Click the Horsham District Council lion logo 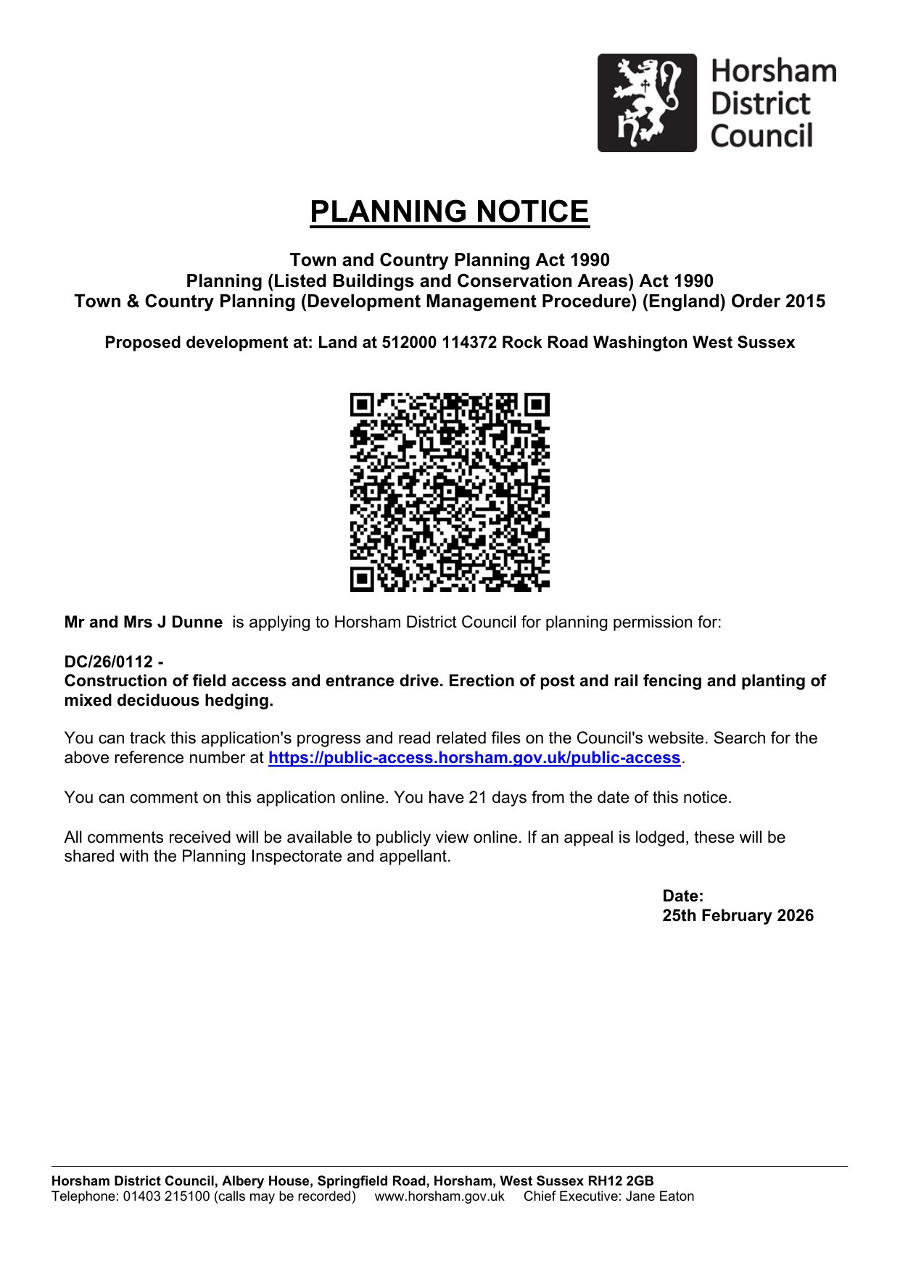(646, 103)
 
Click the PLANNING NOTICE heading (450, 212)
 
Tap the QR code (450, 492)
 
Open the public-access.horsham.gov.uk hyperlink (474, 758)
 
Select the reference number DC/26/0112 (109, 662)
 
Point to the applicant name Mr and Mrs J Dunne (144, 622)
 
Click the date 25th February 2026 (738, 916)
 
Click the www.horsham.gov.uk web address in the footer (439, 1196)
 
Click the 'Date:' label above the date (683, 896)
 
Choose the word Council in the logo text (761, 136)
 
